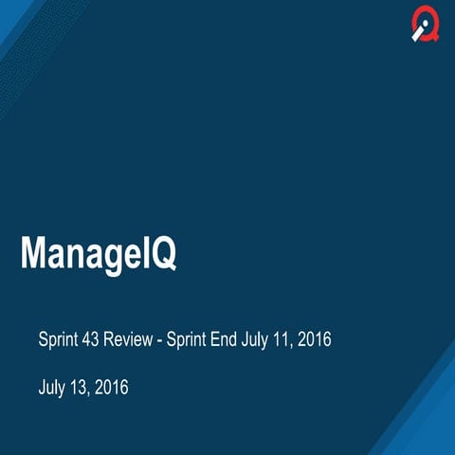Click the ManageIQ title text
point(99,254)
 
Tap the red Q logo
point(426,27)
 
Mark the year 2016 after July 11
point(315,339)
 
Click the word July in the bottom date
point(53,387)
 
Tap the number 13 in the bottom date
point(82,387)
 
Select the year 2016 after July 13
point(112,387)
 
